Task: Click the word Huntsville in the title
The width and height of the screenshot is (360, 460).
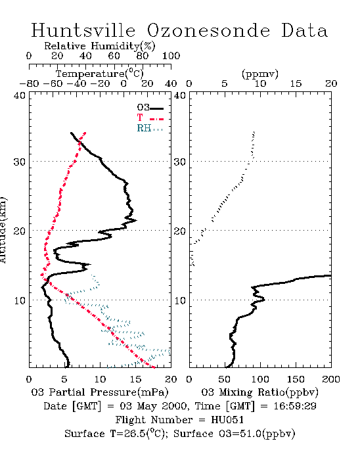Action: click(x=83, y=30)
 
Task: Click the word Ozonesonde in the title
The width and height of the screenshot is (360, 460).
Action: click(x=208, y=30)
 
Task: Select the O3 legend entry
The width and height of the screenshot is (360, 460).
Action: click(x=150, y=108)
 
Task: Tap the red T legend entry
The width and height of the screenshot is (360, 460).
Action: click(x=150, y=118)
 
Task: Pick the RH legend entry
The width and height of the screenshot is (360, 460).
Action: click(x=150, y=128)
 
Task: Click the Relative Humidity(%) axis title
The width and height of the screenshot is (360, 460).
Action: click(x=100, y=46)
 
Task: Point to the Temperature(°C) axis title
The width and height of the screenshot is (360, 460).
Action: click(x=100, y=74)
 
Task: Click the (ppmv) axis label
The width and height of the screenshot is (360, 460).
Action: click(x=260, y=74)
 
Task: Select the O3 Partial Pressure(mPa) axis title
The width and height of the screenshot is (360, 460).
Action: click(x=100, y=392)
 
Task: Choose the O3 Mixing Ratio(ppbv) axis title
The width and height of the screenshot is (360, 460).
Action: click(x=259, y=392)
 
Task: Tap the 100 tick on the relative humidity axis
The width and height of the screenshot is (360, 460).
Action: click(x=171, y=56)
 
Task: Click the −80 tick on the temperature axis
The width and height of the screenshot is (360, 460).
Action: click(x=29, y=83)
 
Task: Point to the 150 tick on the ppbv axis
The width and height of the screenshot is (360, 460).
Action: click(x=296, y=379)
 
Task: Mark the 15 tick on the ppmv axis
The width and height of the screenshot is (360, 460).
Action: click(x=296, y=83)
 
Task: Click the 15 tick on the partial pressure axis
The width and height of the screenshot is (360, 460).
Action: click(x=136, y=379)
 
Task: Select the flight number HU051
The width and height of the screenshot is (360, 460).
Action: click(x=227, y=420)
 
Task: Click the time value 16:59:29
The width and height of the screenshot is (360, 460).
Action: click(x=295, y=406)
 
